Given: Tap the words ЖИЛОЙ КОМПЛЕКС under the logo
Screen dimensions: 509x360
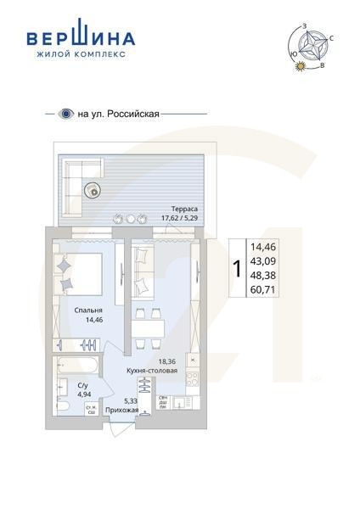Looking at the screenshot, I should (x=81, y=53).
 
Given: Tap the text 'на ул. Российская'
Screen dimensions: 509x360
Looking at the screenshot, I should (x=118, y=113).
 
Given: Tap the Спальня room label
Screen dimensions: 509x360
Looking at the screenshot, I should (x=88, y=310).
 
